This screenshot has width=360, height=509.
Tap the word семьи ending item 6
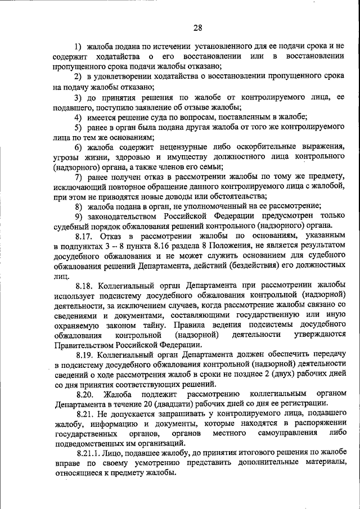tap(209, 166)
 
